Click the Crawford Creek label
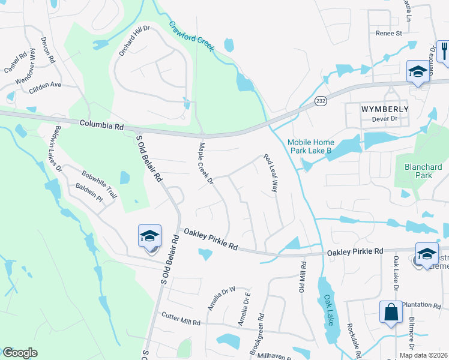click(191, 37)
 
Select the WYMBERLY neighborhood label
click(385, 109)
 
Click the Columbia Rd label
click(101, 127)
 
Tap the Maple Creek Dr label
click(206, 162)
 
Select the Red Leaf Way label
click(271, 173)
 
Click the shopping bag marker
click(391, 312)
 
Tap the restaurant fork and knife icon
click(444, 50)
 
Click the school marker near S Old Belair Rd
click(149, 236)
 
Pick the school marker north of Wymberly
click(417, 72)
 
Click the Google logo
click(20, 353)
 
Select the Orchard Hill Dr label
click(133, 41)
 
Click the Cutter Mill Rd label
click(181, 319)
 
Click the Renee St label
click(388, 34)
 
